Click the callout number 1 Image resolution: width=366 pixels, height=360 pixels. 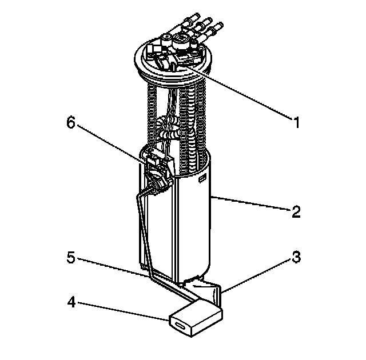(x=296, y=122)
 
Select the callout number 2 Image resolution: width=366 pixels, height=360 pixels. (x=296, y=212)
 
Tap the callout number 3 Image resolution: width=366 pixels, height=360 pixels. (x=296, y=257)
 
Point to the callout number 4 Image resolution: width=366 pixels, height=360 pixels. (x=71, y=302)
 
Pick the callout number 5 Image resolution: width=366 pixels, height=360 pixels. (x=71, y=257)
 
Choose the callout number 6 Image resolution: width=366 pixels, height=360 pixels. (x=71, y=122)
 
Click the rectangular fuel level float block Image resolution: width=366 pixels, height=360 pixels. (x=196, y=318)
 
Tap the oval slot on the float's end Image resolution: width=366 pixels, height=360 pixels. (x=180, y=326)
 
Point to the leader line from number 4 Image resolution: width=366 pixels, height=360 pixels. (x=124, y=311)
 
